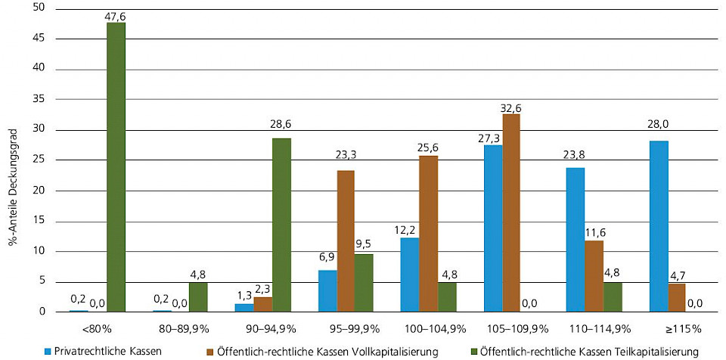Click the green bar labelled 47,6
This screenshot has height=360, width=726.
116,166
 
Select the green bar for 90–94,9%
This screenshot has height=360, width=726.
281,225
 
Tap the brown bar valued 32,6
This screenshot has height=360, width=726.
511,213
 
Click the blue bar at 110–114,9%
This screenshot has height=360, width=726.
575,239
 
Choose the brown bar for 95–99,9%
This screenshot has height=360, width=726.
346,241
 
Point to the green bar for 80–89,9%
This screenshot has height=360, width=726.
198,297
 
